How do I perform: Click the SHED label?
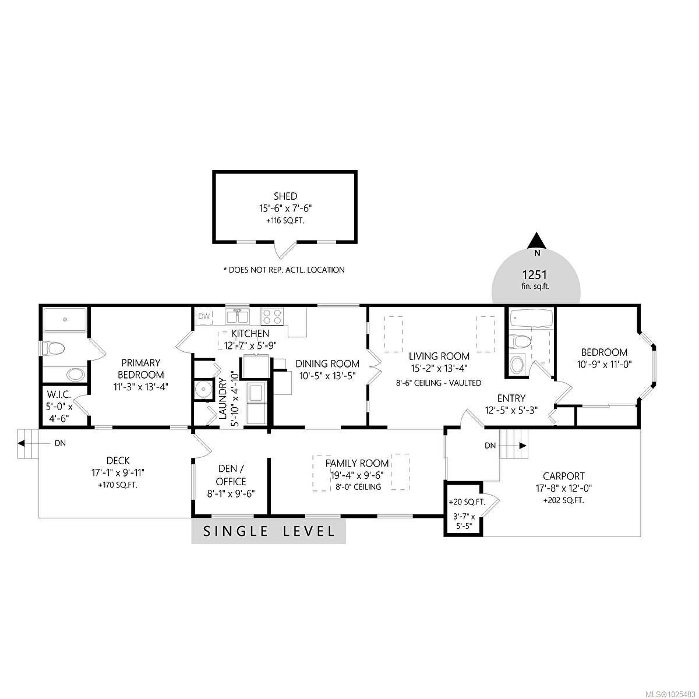[285, 196]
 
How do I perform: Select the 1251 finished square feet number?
[535, 274]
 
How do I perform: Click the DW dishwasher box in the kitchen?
[204, 316]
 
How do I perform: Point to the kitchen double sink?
[237, 316]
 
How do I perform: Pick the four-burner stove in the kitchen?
[272, 316]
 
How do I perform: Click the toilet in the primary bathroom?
[53, 349]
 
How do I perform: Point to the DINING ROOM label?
[327, 363]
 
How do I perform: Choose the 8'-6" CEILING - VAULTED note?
[439, 383]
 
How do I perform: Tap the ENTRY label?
[511, 398]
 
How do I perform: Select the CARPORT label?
[563, 475]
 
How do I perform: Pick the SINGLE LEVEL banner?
[269, 531]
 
